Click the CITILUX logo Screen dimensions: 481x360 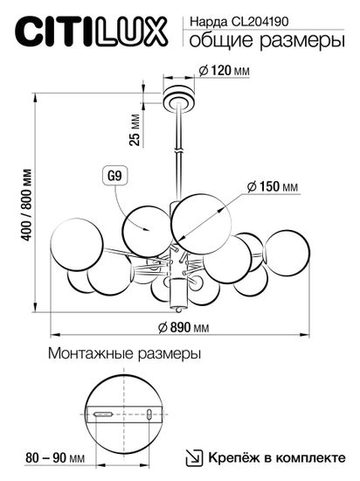coord(91,33)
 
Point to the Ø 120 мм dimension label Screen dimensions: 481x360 coord(225,71)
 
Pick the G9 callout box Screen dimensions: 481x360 coord(112,175)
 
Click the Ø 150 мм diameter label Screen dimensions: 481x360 coord(273,188)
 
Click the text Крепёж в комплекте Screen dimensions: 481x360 coord(278,457)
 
